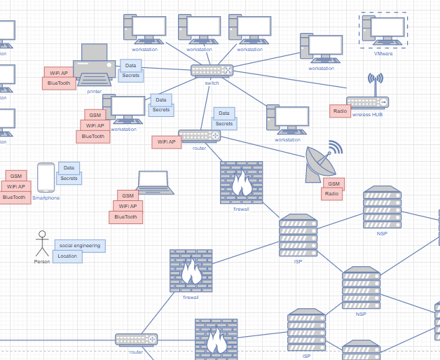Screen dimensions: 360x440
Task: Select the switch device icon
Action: (212, 71)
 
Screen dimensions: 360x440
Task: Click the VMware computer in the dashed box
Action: (383, 31)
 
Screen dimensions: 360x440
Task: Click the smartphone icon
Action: (46, 177)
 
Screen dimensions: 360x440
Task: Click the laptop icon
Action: (155, 182)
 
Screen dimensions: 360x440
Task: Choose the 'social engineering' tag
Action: (80, 246)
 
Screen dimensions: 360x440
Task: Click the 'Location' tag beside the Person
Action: (67, 256)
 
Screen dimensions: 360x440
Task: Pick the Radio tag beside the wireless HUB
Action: (340, 111)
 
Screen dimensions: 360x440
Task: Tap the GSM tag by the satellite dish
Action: (332, 184)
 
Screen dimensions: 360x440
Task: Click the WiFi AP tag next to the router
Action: (167, 142)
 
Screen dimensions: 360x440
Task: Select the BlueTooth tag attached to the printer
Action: (59, 83)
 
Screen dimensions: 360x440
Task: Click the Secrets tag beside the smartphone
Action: (69, 178)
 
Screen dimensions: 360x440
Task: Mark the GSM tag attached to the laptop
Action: (127, 196)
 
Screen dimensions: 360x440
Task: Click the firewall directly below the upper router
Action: (242, 182)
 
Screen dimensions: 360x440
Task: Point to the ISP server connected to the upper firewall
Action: (298, 235)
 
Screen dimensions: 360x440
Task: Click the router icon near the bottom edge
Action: (136, 340)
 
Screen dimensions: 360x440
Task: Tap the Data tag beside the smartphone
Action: (69, 167)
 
